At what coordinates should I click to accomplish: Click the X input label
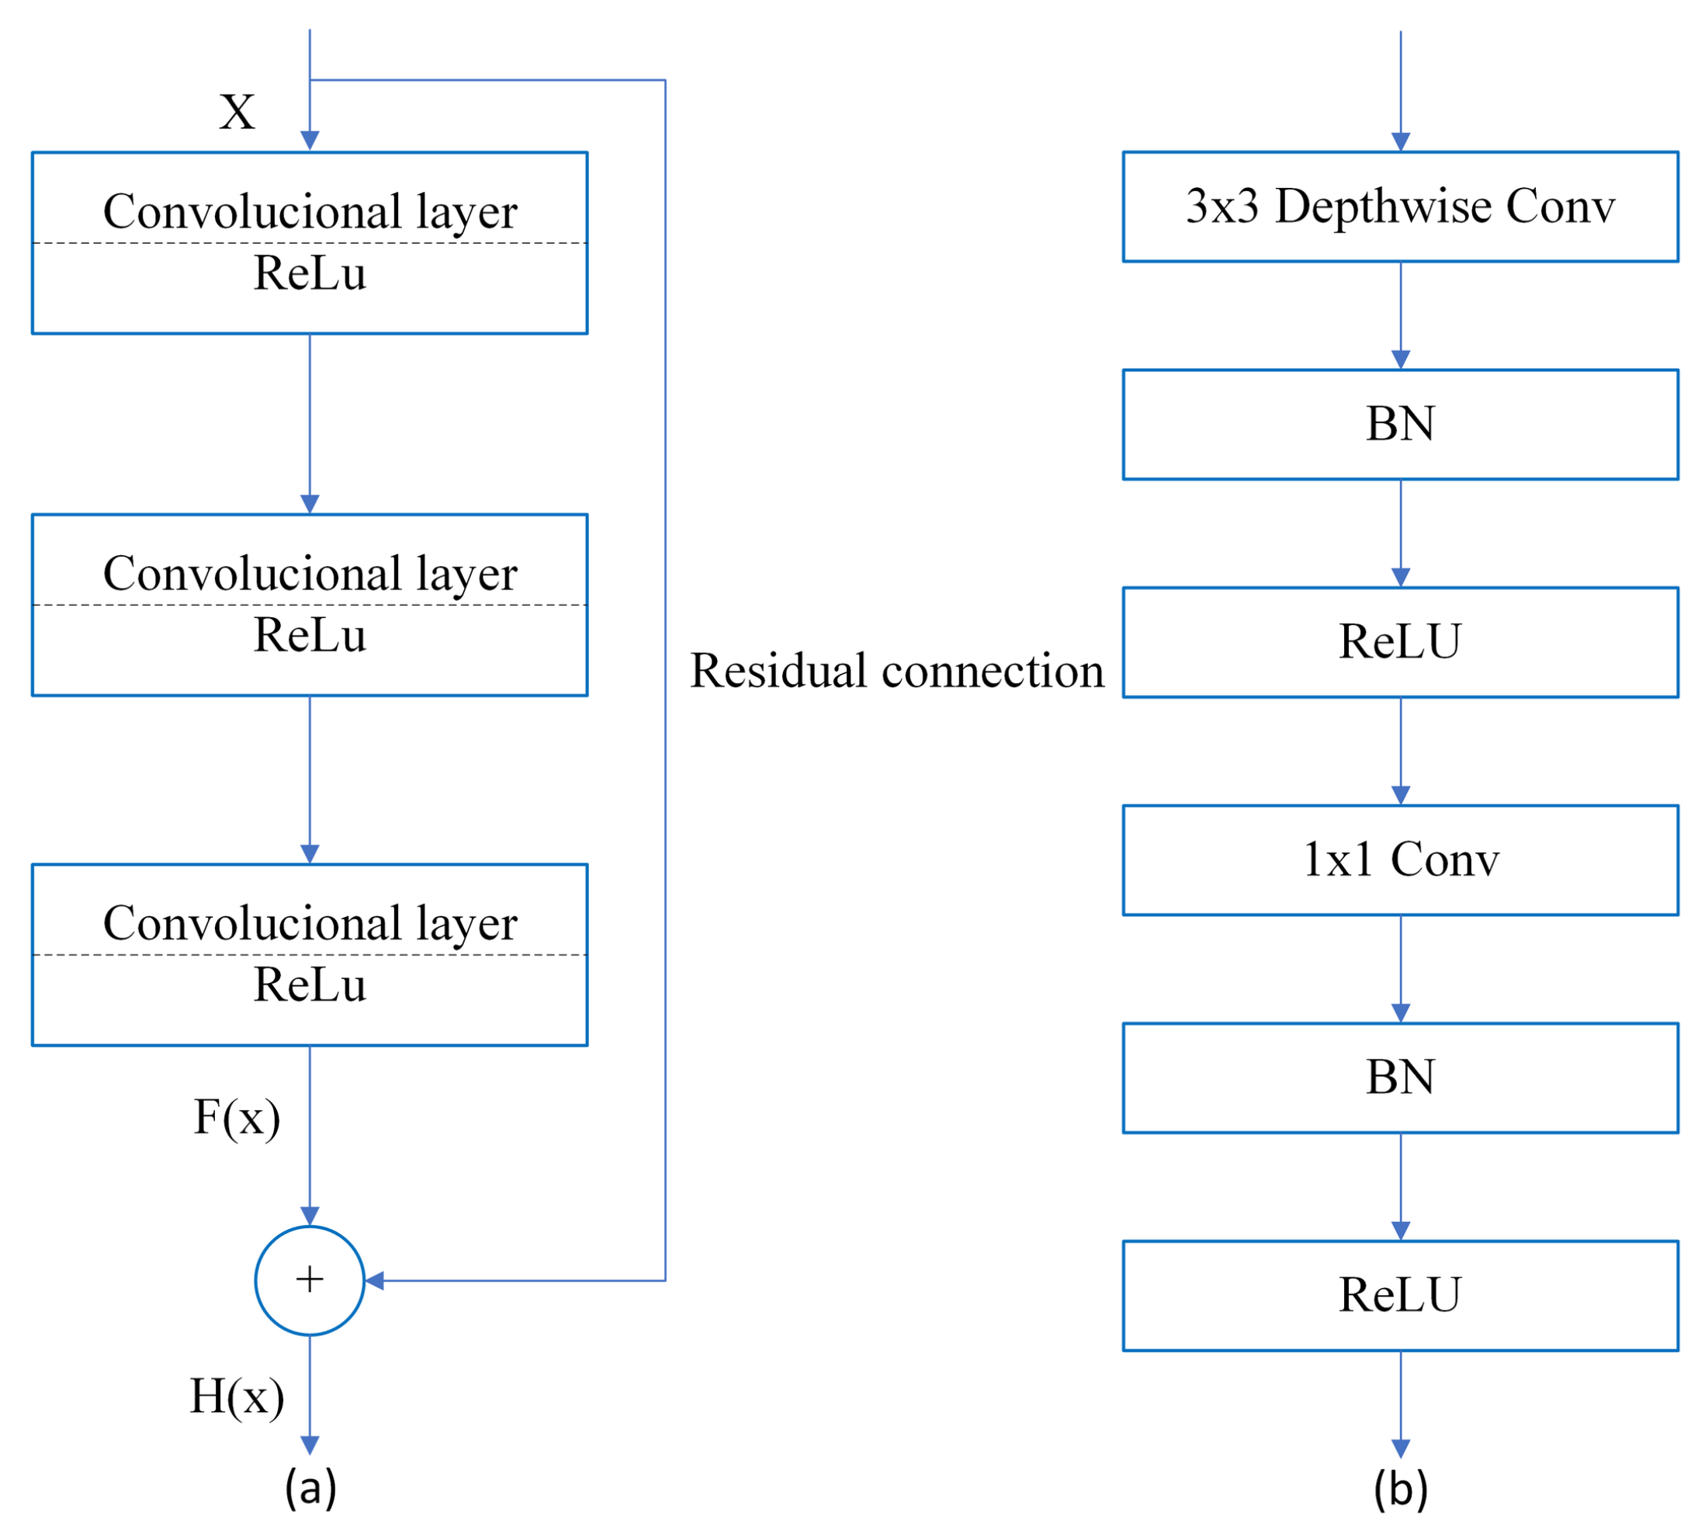point(237,112)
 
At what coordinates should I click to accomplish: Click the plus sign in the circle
point(310,1280)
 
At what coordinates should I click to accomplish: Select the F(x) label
point(237,1118)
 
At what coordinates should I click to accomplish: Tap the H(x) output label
point(237,1396)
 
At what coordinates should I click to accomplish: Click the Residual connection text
point(897,672)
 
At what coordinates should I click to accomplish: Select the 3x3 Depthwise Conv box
point(1400,207)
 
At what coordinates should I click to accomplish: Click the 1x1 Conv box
point(1400,860)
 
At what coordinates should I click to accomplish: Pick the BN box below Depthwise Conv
point(1400,424)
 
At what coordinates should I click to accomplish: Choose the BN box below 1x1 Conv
point(1400,1078)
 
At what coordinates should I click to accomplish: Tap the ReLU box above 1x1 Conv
point(1400,642)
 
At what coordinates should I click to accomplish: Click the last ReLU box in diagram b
point(1400,1295)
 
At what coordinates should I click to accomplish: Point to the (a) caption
point(310,1486)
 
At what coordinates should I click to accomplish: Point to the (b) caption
point(1400,1488)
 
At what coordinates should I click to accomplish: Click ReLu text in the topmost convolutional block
point(310,273)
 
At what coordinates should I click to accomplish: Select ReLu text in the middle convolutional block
point(310,634)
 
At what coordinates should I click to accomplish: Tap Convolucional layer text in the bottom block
point(310,923)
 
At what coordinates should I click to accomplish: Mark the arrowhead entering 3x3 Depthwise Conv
point(1401,141)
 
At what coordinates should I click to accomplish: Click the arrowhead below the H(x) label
point(310,1445)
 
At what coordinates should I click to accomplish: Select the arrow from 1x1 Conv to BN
point(1401,969)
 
